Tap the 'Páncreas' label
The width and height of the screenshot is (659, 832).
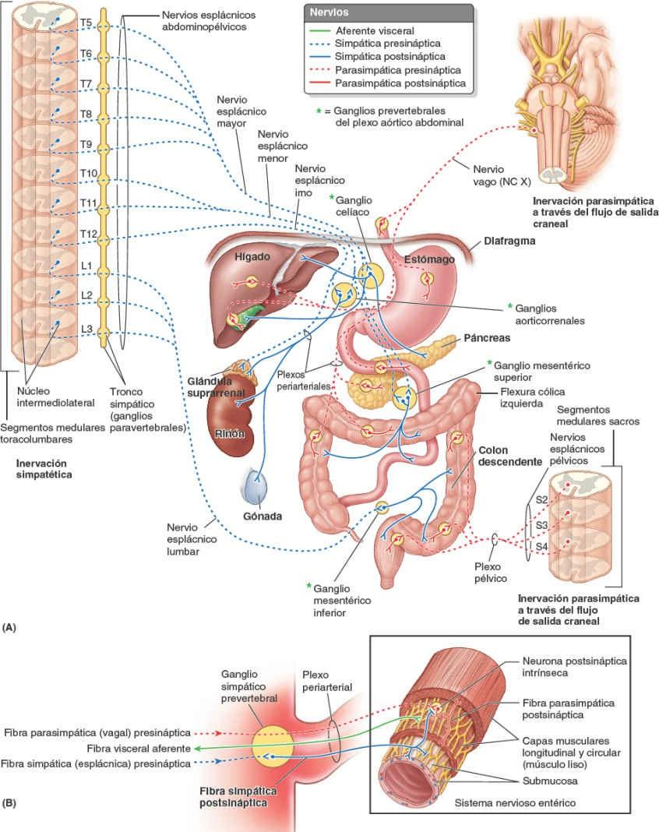pyautogui.click(x=486, y=339)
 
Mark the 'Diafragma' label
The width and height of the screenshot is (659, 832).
pyautogui.click(x=510, y=241)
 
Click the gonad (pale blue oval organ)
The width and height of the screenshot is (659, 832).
pyautogui.click(x=256, y=489)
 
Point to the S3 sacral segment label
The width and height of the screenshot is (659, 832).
pyautogui.click(x=543, y=526)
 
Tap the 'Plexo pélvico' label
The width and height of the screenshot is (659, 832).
pyautogui.click(x=490, y=573)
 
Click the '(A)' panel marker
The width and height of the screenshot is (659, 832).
pyautogui.click(x=10, y=626)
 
